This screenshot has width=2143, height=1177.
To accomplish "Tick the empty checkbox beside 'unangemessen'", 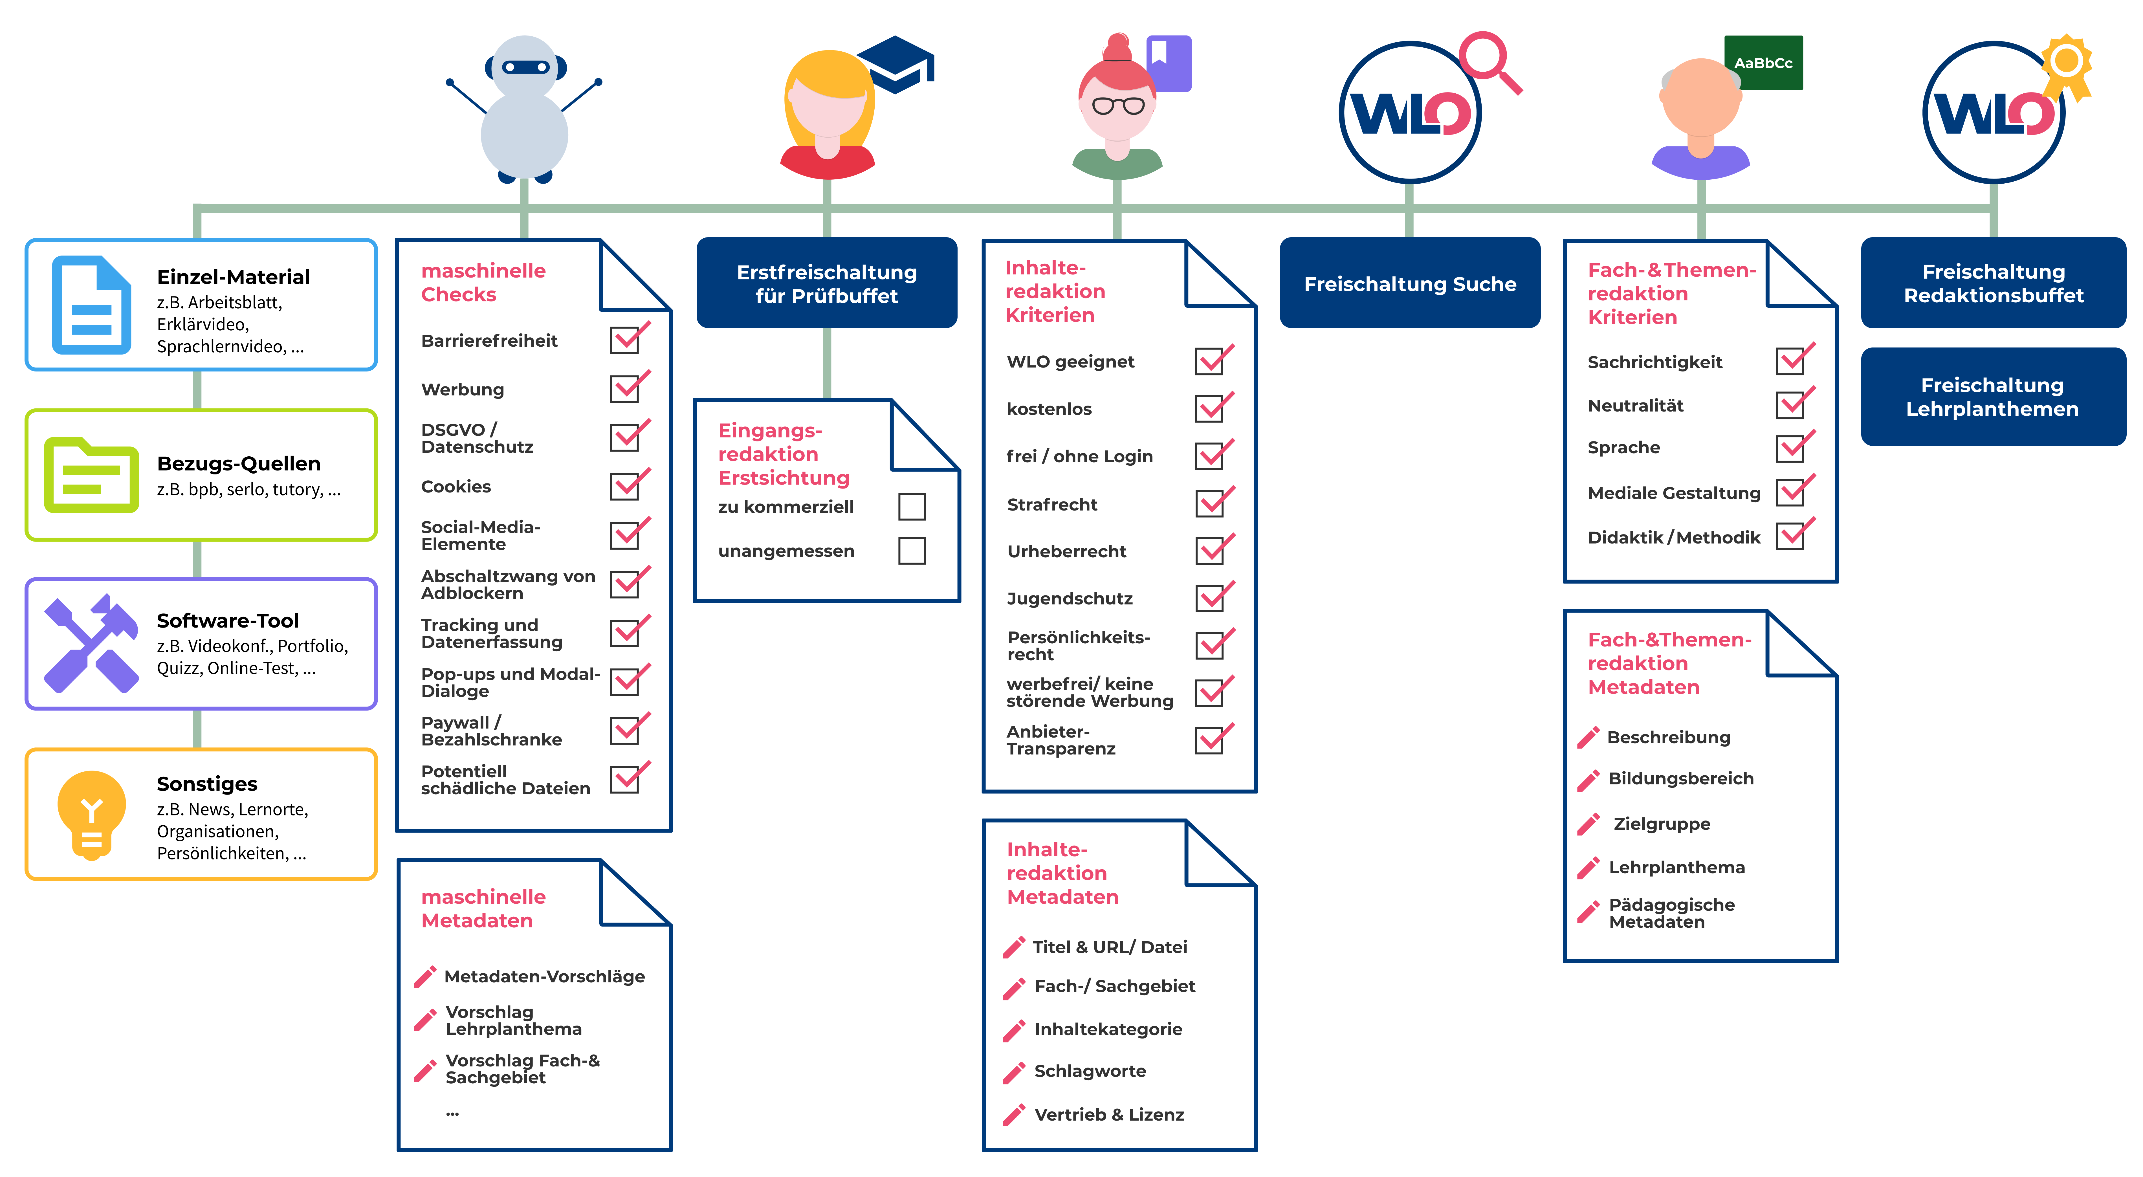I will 912,551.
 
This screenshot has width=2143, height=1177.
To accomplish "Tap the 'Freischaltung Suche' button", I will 1409,284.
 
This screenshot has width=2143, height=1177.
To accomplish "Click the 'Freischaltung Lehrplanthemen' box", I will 1992,397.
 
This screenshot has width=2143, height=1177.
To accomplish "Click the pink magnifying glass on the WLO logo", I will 1489,60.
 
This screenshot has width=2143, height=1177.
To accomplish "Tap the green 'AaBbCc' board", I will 1763,62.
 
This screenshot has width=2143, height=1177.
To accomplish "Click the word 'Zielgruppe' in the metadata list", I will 1661,824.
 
